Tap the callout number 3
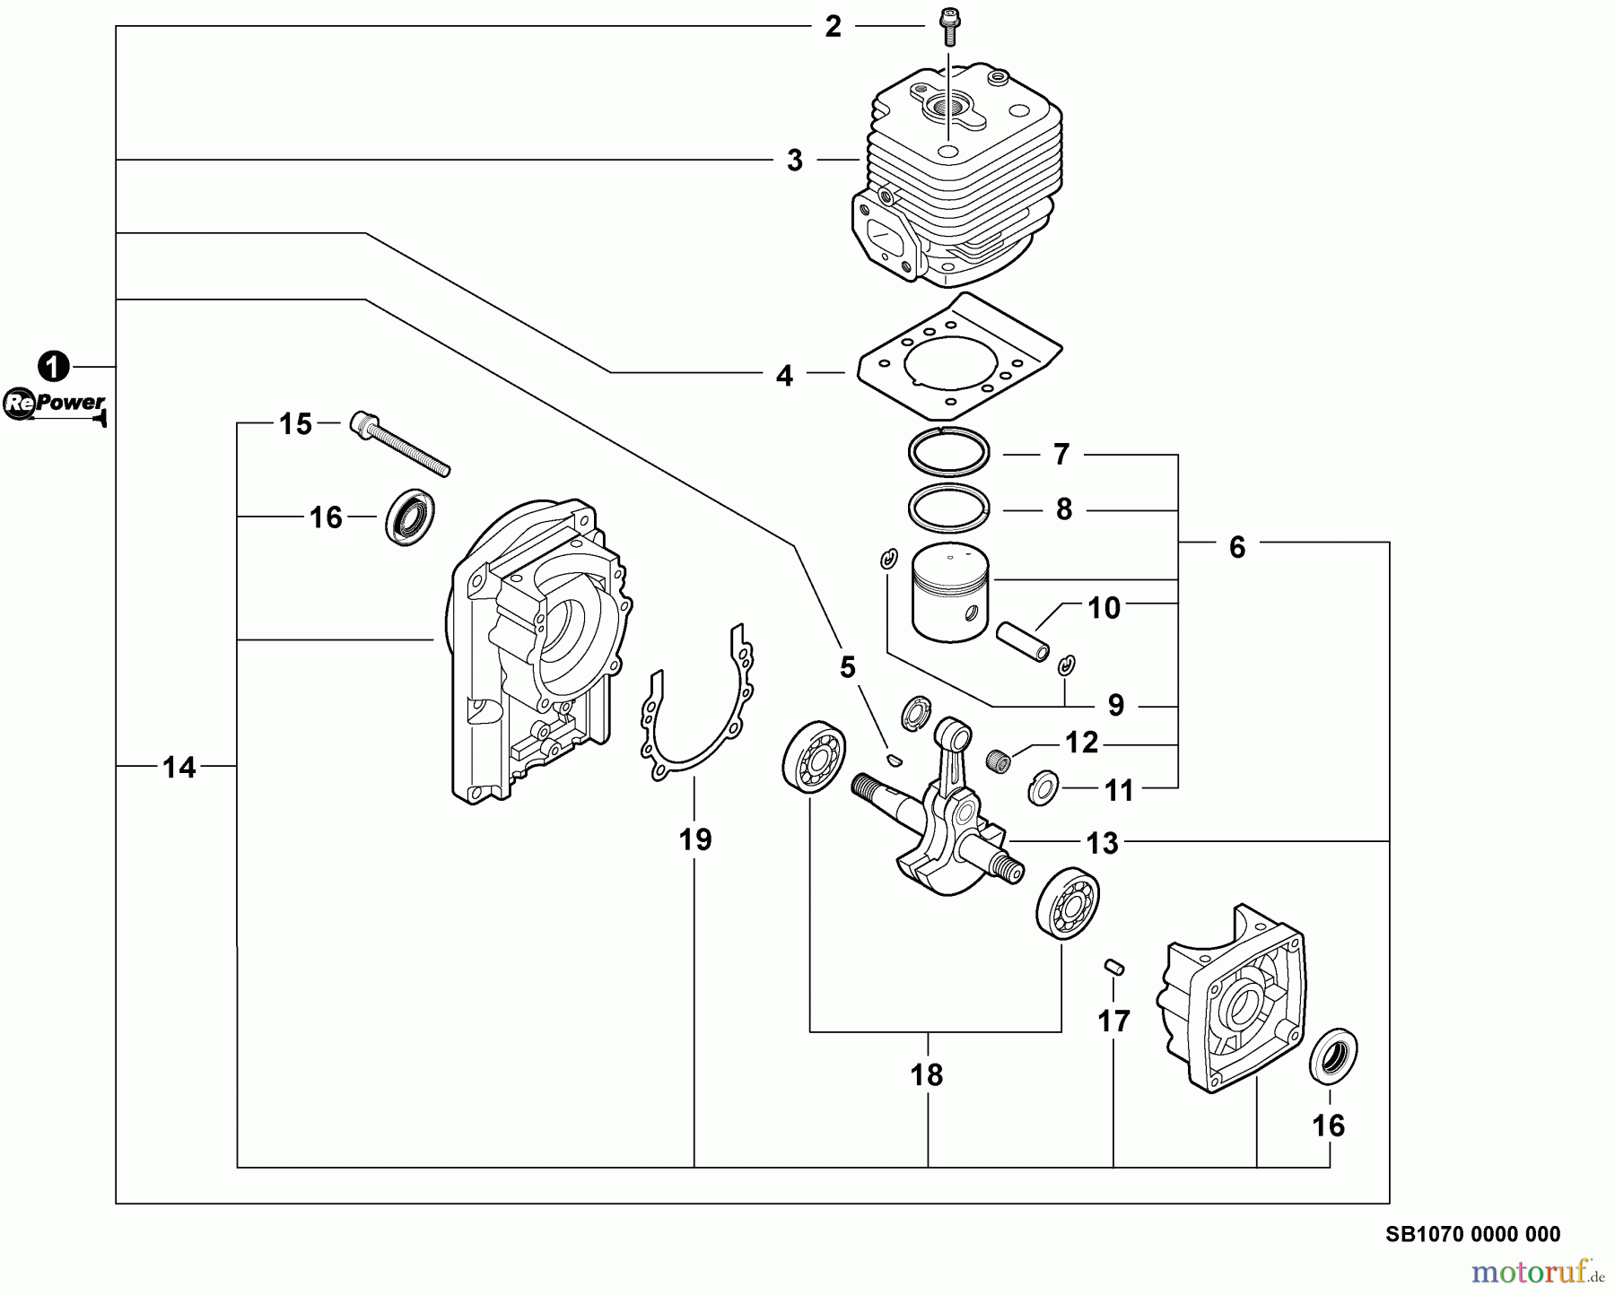795,161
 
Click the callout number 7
1061,455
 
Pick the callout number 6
1237,547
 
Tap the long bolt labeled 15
399,444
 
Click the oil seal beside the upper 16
410,517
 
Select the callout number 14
179,768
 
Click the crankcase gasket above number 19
698,708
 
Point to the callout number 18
927,1074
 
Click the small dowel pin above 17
1113,967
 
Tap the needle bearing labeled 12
998,761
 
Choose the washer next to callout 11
1043,787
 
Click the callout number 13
1103,843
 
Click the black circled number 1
54,367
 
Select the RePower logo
55,404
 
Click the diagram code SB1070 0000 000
1472,1235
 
